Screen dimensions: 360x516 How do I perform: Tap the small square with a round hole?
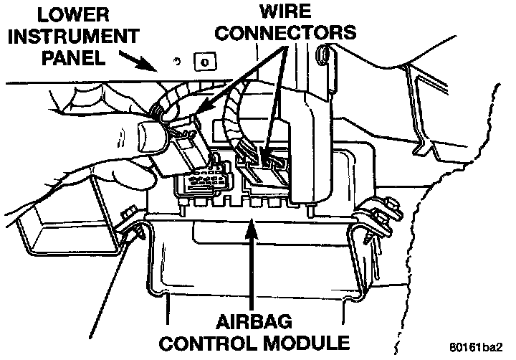[204, 62]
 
